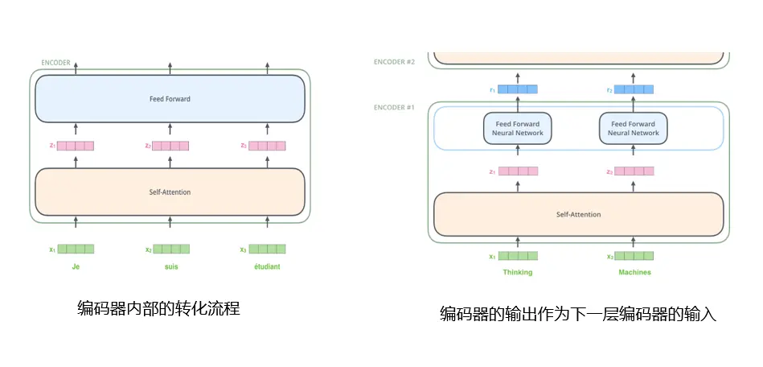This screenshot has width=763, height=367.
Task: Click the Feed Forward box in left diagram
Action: (x=170, y=99)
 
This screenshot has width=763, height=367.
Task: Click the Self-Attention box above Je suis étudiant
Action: (x=170, y=192)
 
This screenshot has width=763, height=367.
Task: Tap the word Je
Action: (x=76, y=266)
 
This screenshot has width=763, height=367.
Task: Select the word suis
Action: (x=170, y=266)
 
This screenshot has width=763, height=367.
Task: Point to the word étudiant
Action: (x=267, y=266)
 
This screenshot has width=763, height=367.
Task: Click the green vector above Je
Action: (x=76, y=249)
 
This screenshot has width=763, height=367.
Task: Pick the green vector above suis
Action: (x=170, y=249)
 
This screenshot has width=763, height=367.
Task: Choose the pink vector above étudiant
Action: (x=267, y=146)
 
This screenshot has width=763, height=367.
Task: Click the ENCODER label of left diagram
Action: (x=55, y=62)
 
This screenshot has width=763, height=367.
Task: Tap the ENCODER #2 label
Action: (x=394, y=61)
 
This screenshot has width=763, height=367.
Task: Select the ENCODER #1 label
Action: (x=394, y=106)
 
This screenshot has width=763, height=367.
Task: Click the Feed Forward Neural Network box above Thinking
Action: (x=517, y=128)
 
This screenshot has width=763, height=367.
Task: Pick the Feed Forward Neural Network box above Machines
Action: (x=634, y=128)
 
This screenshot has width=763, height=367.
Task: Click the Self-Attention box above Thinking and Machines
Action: (x=578, y=214)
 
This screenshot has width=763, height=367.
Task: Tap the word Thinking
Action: (x=517, y=272)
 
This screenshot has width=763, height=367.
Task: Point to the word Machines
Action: (x=634, y=272)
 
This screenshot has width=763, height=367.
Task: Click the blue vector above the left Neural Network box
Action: (x=517, y=89)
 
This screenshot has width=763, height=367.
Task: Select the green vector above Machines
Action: (x=634, y=256)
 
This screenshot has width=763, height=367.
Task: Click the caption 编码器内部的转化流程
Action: (x=158, y=307)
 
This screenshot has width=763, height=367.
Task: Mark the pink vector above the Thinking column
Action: (x=517, y=171)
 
